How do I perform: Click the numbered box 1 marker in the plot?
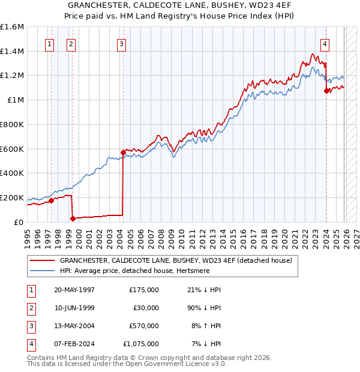(49, 43)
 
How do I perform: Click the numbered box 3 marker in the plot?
(122, 43)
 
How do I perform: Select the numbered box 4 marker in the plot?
(325, 43)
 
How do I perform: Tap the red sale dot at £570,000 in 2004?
(123, 152)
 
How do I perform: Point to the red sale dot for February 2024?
(326, 91)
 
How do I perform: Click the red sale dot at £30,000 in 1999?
(73, 218)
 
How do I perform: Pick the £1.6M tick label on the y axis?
(12, 27)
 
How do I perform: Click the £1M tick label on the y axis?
(16, 100)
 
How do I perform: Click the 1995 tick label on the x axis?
(27, 238)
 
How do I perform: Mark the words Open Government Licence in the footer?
(175, 364)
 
